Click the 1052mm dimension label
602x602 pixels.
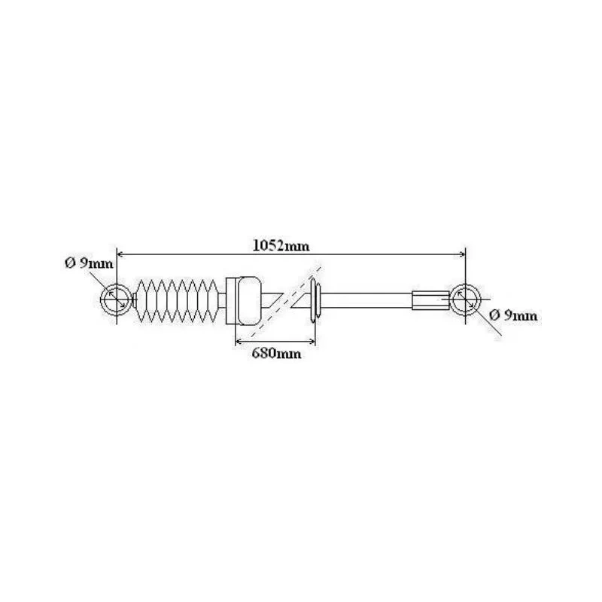click(281, 245)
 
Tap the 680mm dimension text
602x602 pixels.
click(276, 353)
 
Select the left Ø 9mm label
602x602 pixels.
click(89, 263)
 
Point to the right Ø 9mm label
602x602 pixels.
click(513, 315)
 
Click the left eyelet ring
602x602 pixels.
click(102, 299)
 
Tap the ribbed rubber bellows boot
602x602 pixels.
click(177, 300)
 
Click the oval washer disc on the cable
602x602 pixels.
click(313, 300)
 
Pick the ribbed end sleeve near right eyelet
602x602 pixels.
click(430, 300)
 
